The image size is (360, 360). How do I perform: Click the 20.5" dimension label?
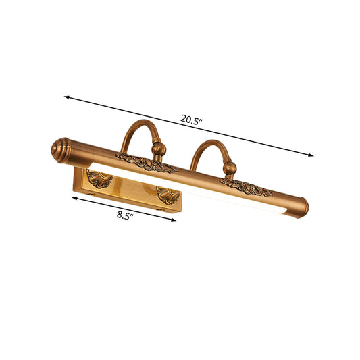click(190, 121)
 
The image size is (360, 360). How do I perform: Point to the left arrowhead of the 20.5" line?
click(68, 98)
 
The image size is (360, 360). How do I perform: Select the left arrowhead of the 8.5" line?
click(73, 197)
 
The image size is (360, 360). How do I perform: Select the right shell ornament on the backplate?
click(165, 196)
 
